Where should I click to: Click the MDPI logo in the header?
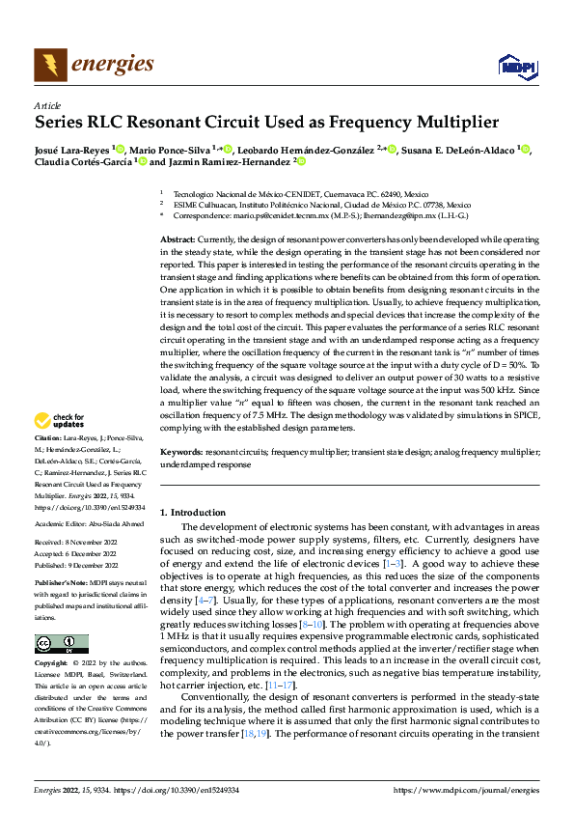coord(515,65)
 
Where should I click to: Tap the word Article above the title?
coord(47,105)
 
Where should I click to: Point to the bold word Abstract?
coord(178,238)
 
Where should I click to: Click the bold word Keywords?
coord(180,453)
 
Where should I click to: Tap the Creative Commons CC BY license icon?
coord(61,643)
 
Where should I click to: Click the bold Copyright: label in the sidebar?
coord(54,664)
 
